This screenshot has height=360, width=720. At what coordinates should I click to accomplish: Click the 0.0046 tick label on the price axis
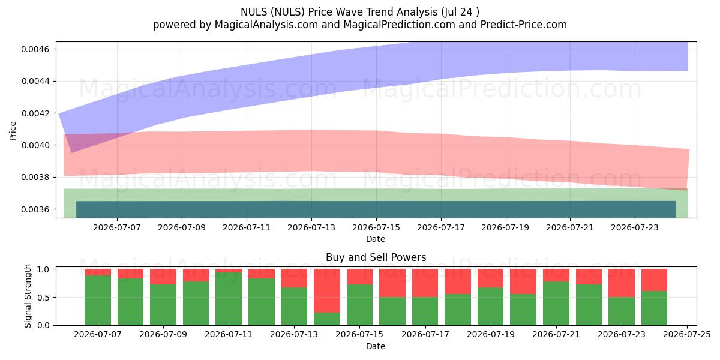click(x=35, y=49)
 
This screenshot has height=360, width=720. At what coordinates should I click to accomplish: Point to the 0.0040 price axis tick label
click(x=35, y=145)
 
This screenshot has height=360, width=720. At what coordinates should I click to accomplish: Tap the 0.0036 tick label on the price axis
click(x=35, y=209)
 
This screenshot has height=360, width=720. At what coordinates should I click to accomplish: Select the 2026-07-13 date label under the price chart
click(x=311, y=227)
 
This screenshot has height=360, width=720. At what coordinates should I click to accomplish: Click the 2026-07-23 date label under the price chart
click(x=635, y=227)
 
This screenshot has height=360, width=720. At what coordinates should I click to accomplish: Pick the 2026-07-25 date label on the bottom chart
click(x=687, y=335)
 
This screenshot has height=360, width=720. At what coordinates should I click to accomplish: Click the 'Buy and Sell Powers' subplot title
click(x=376, y=257)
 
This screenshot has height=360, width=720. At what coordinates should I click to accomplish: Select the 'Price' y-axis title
click(x=13, y=131)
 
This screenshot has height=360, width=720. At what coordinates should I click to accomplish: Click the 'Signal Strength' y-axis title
click(x=28, y=296)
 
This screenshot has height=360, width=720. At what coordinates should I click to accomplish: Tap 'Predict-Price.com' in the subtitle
click(x=524, y=25)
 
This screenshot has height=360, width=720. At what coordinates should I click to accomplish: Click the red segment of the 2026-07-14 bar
click(x=327, y=291)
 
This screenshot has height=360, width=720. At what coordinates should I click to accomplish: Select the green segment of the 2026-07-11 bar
click(x=229, y=299)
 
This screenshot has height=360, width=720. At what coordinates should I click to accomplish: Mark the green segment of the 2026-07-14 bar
click(x=327, y=319)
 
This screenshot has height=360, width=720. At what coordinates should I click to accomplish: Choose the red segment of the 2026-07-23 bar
click(x=622, y=283)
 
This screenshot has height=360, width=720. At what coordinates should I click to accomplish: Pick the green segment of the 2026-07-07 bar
click(x=98, y=301)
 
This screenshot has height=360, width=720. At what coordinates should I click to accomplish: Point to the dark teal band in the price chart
click(x=376, y=209)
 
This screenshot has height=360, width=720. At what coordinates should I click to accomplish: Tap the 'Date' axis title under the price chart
click(x=376, y=239)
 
